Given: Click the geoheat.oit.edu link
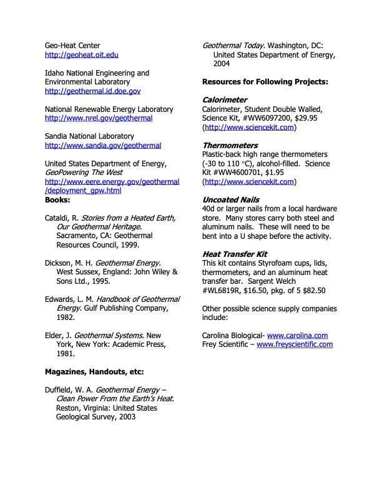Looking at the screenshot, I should pyautogui.click(x=81, y=56).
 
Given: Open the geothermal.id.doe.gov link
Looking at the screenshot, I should pyautogui.click(x=92, y=91).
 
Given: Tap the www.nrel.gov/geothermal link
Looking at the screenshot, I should pyautogui.click(x=99, y=118).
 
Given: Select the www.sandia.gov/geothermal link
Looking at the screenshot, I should pyautogui.click(x=103, y=146).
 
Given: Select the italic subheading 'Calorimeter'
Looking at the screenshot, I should pyautogui.click(x=225, y=100).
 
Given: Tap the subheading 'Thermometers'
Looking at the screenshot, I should pyautogui.click(x=230, y=146).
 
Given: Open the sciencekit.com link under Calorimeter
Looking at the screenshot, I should pyautogui.click(x=249, y=127).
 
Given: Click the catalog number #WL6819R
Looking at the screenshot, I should pyautogui.click(x=225, y=291).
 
